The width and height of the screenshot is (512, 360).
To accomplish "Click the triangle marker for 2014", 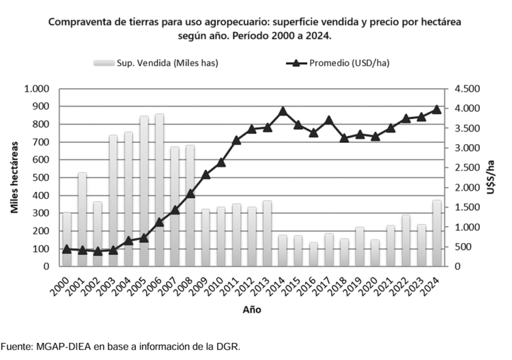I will click(x=283, y=111).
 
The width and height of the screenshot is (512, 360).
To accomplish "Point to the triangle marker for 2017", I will click(x=329, y=120).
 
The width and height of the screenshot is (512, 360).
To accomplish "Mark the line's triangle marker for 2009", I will click(x=205, y=174).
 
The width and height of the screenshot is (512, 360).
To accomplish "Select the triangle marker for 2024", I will click(x=438, y=109).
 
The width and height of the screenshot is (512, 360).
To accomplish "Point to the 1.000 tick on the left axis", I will click(x=37, y=89).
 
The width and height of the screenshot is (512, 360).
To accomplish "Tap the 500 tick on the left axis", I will click(x=41, y=178).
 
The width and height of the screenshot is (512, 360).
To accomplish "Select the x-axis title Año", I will click(x=251, y=309).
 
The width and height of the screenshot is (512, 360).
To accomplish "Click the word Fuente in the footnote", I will click(x=16, y=346).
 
